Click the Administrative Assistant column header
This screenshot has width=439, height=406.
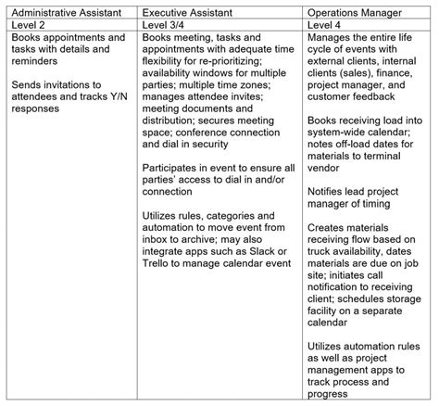pyautogui.click(x=69, y=12)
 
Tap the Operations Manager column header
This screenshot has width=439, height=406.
pyautogui.click(x=355, y=12)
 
